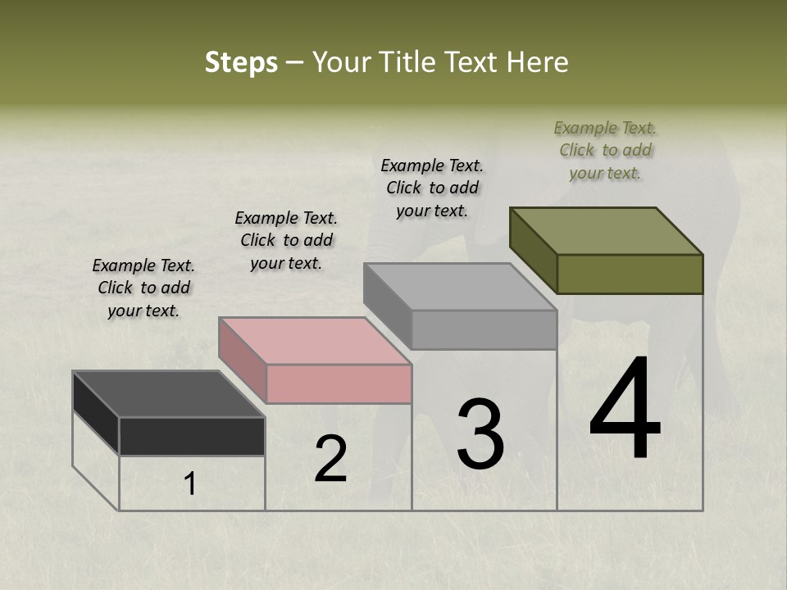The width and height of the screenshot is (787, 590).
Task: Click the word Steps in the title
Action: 241,63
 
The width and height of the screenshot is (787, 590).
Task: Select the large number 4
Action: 625,411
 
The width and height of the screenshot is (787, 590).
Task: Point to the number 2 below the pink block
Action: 330,459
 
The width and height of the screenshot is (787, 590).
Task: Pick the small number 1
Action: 190,483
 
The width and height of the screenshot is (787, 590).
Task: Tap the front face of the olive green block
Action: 630,274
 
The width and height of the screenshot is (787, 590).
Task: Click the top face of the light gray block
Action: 461,287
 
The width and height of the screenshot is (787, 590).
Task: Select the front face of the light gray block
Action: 484,329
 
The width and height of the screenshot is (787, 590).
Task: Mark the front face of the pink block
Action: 339,383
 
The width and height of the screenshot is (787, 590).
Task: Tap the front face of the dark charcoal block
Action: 192,436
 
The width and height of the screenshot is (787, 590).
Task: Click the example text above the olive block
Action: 605,150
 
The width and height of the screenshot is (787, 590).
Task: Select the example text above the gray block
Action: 432,188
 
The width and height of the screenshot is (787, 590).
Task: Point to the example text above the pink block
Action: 286,240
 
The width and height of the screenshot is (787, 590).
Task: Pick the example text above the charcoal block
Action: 143,288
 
